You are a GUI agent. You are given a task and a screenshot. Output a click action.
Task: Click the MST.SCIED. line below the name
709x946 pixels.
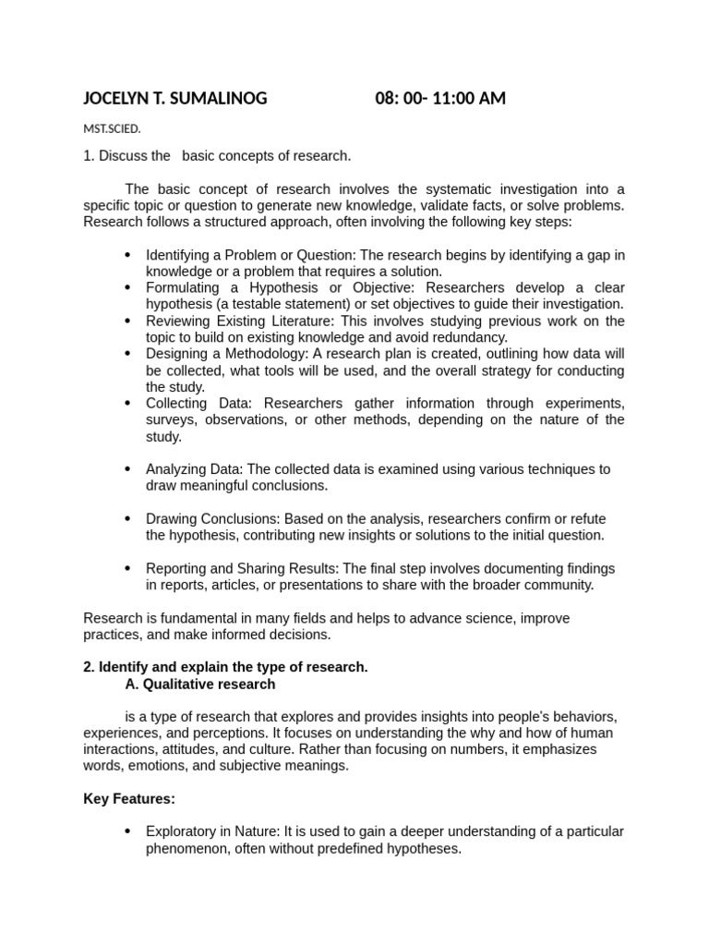coord(112,129)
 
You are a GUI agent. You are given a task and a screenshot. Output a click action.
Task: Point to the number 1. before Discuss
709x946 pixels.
coord(90,156)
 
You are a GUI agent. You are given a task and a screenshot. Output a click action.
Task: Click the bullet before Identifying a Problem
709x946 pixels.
coord(126,255)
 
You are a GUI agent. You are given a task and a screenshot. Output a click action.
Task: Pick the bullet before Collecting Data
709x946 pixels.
coord(126,404)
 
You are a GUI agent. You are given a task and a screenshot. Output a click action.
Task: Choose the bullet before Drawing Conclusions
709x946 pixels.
coord(126,519)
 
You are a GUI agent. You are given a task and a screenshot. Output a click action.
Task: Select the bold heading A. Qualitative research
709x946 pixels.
coord(199,685)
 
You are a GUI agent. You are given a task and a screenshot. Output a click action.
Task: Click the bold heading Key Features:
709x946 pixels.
coord(129,799)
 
